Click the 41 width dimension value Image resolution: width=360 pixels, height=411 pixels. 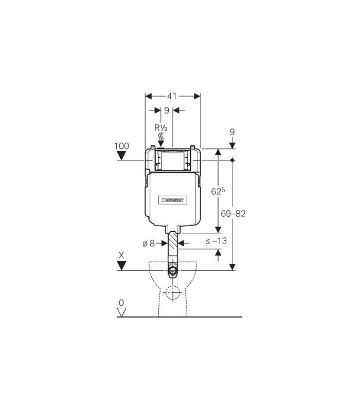tap(172, 96)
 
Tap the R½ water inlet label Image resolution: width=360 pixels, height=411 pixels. tap(160, 128)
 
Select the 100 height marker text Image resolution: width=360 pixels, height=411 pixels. tap(121, 146)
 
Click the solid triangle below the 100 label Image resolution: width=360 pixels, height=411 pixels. tap(121, 156)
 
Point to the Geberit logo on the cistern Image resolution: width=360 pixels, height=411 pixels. tap(173, 200)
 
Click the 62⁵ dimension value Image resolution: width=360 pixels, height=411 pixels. tap(218, 191)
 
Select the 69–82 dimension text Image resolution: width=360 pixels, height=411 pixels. tap(233, 214)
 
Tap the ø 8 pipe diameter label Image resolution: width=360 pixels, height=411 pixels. tap(149, 244)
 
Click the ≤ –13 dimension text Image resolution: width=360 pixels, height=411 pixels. tap(216, 240)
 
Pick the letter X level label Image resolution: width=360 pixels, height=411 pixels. tap(121, 255)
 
